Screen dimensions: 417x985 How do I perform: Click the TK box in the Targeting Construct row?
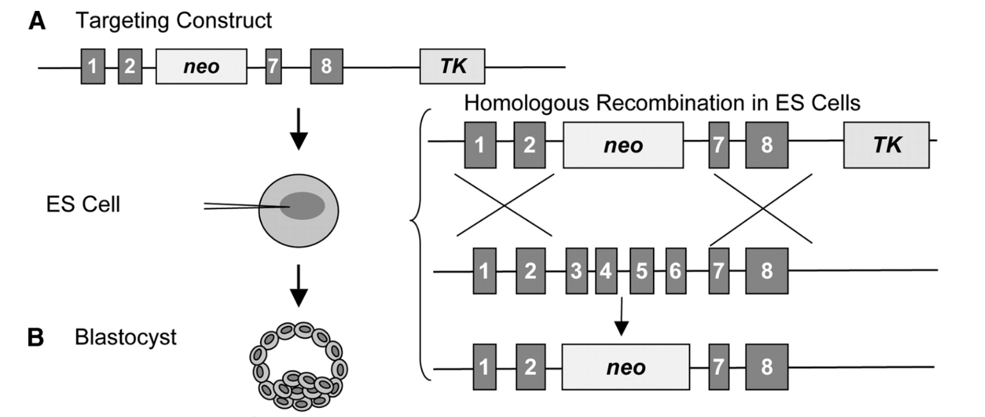click(x=452, y=66)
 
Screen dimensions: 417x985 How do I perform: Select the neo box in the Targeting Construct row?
click(x=201, y=66)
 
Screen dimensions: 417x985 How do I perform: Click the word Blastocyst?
click(x=125, y=337)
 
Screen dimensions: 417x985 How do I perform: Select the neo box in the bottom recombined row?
click(x=625, y=367)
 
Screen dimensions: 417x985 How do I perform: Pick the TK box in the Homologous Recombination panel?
click(x=887, y=146)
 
